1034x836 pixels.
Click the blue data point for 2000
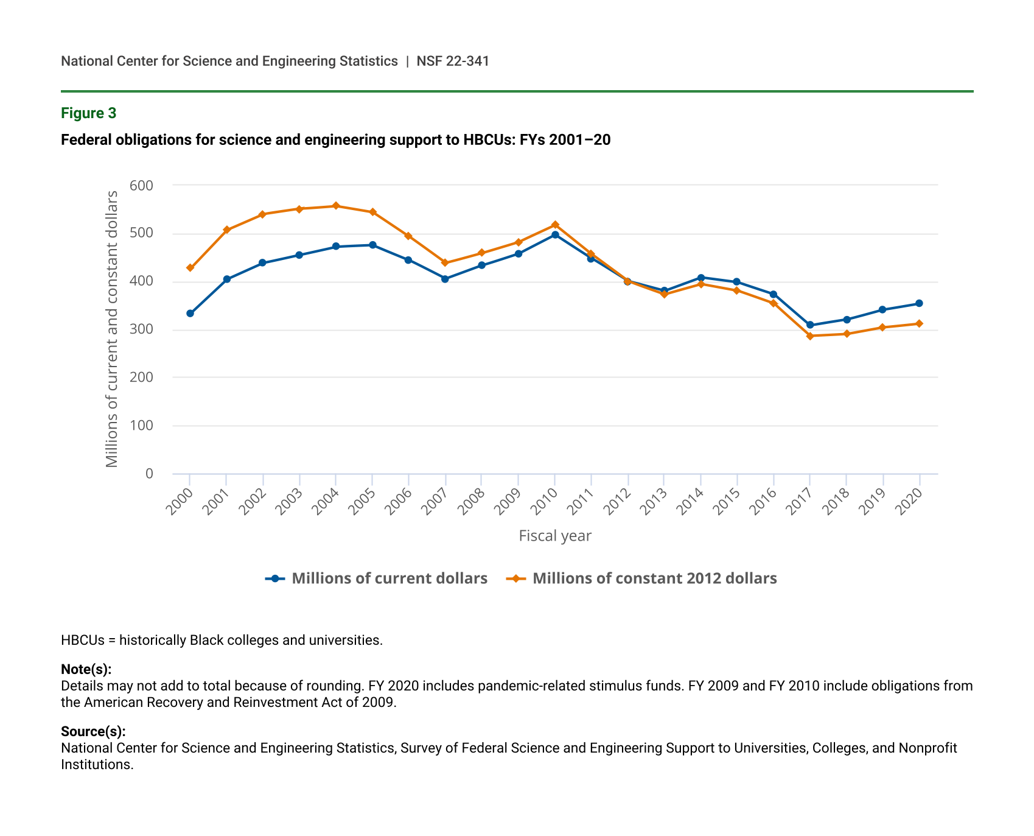coord(190,314)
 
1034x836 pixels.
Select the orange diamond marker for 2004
coord(335,206)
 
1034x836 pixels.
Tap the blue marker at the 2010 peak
coord(555,234)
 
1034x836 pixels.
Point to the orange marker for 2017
coord(810,336)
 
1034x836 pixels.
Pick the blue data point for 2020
coord(919,303)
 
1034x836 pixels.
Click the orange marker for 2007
coord(445,263)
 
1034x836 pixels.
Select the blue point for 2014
coord(700,278)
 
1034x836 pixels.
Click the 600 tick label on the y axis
coord(141,185)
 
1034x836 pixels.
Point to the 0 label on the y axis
coord(149,474)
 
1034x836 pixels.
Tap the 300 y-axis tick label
coord(141,329)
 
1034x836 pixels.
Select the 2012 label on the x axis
coord(619,502)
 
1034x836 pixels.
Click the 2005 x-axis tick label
coord(363,502)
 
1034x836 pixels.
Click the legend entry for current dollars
coord(377,578)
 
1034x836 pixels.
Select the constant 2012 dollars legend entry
coord(643,578)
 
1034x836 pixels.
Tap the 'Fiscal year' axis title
coord(555,536)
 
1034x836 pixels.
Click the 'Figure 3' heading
coord(89,113)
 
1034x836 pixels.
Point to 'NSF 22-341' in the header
coord(453,61)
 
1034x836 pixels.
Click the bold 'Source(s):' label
coord(93,732)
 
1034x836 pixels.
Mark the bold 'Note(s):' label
coord(86,670)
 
